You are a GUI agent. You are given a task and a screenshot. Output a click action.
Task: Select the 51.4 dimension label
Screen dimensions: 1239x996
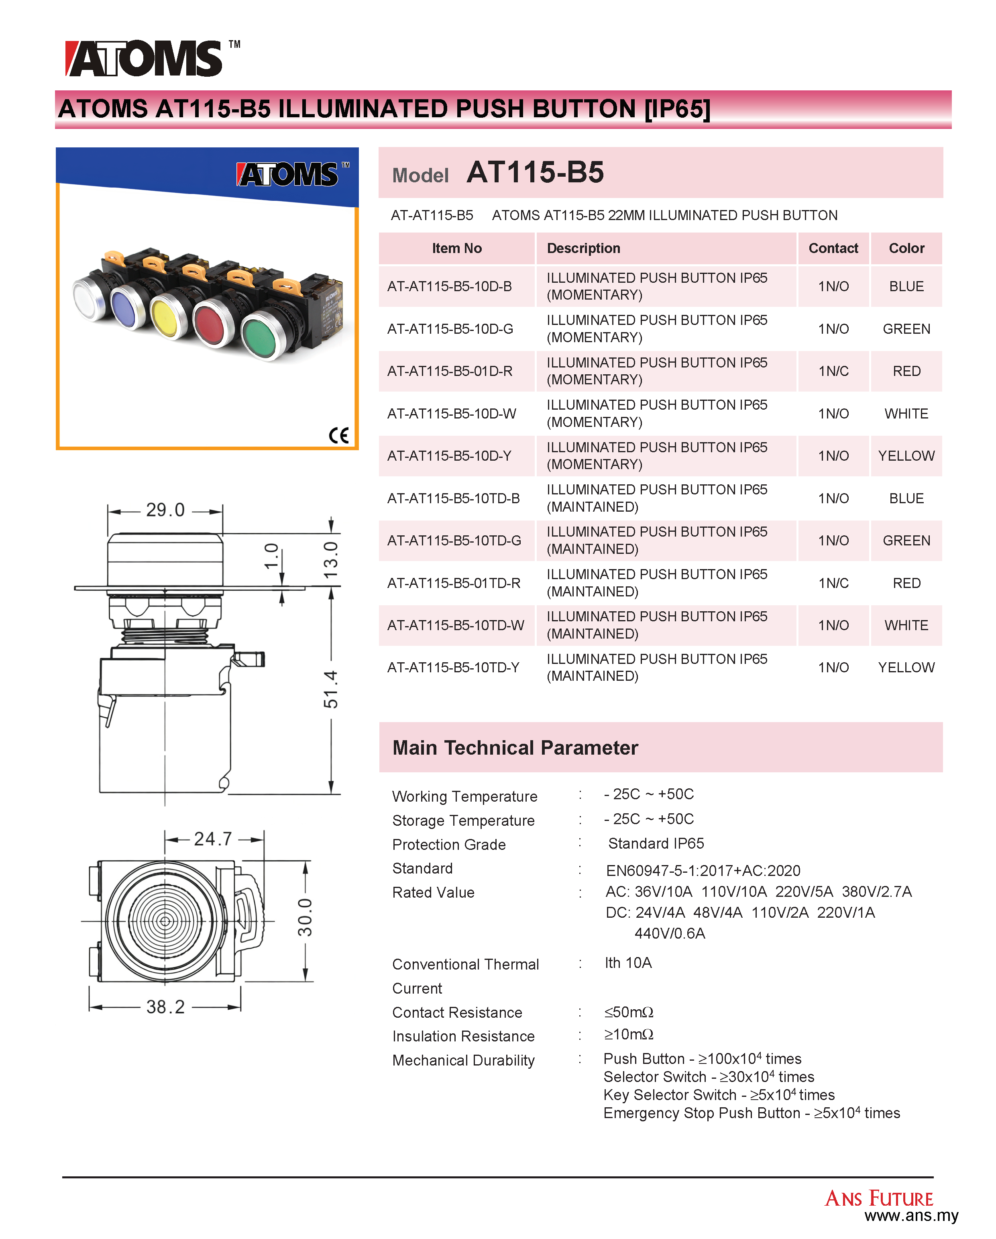pos(331,689)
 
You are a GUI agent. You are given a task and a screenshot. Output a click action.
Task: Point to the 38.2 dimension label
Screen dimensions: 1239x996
pos(165,1007)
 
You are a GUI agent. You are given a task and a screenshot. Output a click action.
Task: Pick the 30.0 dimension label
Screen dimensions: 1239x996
pos(305,918)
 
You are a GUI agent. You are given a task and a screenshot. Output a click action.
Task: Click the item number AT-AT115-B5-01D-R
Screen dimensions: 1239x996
pos(450,371)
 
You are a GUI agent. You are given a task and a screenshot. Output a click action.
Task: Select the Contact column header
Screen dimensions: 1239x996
pos(833,248)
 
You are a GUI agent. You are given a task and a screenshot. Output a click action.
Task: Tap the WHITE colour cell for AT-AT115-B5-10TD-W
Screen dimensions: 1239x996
pos(906,625)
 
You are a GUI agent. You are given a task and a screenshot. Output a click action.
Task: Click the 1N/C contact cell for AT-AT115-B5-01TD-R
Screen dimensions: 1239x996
pos(833,583)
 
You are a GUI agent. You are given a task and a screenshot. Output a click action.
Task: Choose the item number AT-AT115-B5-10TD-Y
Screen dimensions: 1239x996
pos(453,668)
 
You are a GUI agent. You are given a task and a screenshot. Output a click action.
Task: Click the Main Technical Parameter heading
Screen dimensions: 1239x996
pos(515,748)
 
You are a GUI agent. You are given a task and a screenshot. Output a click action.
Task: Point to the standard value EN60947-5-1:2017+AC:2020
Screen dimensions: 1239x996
pos(703,871)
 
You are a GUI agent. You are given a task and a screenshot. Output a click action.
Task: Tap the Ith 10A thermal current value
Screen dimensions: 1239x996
pos(628,963)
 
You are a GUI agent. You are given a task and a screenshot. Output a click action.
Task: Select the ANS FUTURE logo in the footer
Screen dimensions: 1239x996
pos(879,1198)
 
